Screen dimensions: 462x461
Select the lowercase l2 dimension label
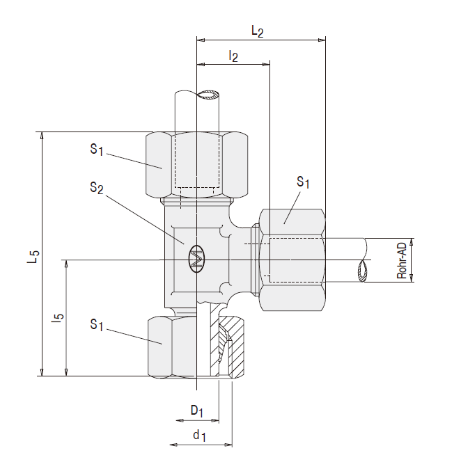click(x=233, y=56)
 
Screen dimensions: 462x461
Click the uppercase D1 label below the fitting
click(x=197, y=411)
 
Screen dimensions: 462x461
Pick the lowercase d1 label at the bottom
click(x=200, y=436)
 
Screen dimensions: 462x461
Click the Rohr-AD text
click(x=402, y=260)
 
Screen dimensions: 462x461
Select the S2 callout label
click(x=97, y=188)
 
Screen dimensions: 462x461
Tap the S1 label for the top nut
click(x=97, y=149)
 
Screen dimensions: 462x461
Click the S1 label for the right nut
click(x=303, y=182)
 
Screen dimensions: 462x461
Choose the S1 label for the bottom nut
click(x=97, y=325)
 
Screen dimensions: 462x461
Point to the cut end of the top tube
click(x=208, y=95)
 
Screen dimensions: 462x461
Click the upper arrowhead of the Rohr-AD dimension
click(x=412, y=241)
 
